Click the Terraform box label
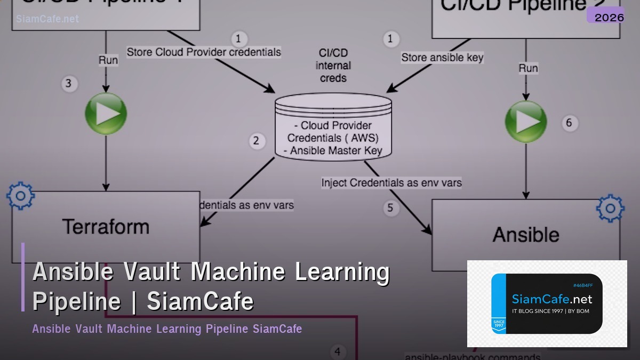pyautogui.click(x=106, y=227)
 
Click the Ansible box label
pyautogui.click(x=525, y=235)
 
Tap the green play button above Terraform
pyautogui.click(x=106, y=114)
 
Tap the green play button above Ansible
pyautogui.click(x=526, y=121)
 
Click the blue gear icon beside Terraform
pyautogui.click(x=20, y=196)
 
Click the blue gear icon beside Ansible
pyautogui.click(x=610, y=209)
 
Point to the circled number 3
pyautogui.click(x=68, y=84)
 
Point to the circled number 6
pyautogui.click(x=569, y=123)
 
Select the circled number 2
pyautogui.click(x=257, y=141)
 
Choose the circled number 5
pyautogui.click(x=390, y=207)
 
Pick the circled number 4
pyautogui.click(x=337, y=351)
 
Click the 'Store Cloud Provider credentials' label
pyautogui.click(x=204, y=52)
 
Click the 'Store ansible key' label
pyautogui.click(x=442, y=58)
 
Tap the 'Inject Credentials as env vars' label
pyautogui.click(x=391, y=182)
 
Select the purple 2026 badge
pyautogui.click(x=609, y=17)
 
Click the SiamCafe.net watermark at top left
pyautogui.click(x=47, y=19)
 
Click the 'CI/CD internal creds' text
pyautogui.click(x=333, y=66)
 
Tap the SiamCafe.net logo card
pyautogui.click(x=547, y=303)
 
